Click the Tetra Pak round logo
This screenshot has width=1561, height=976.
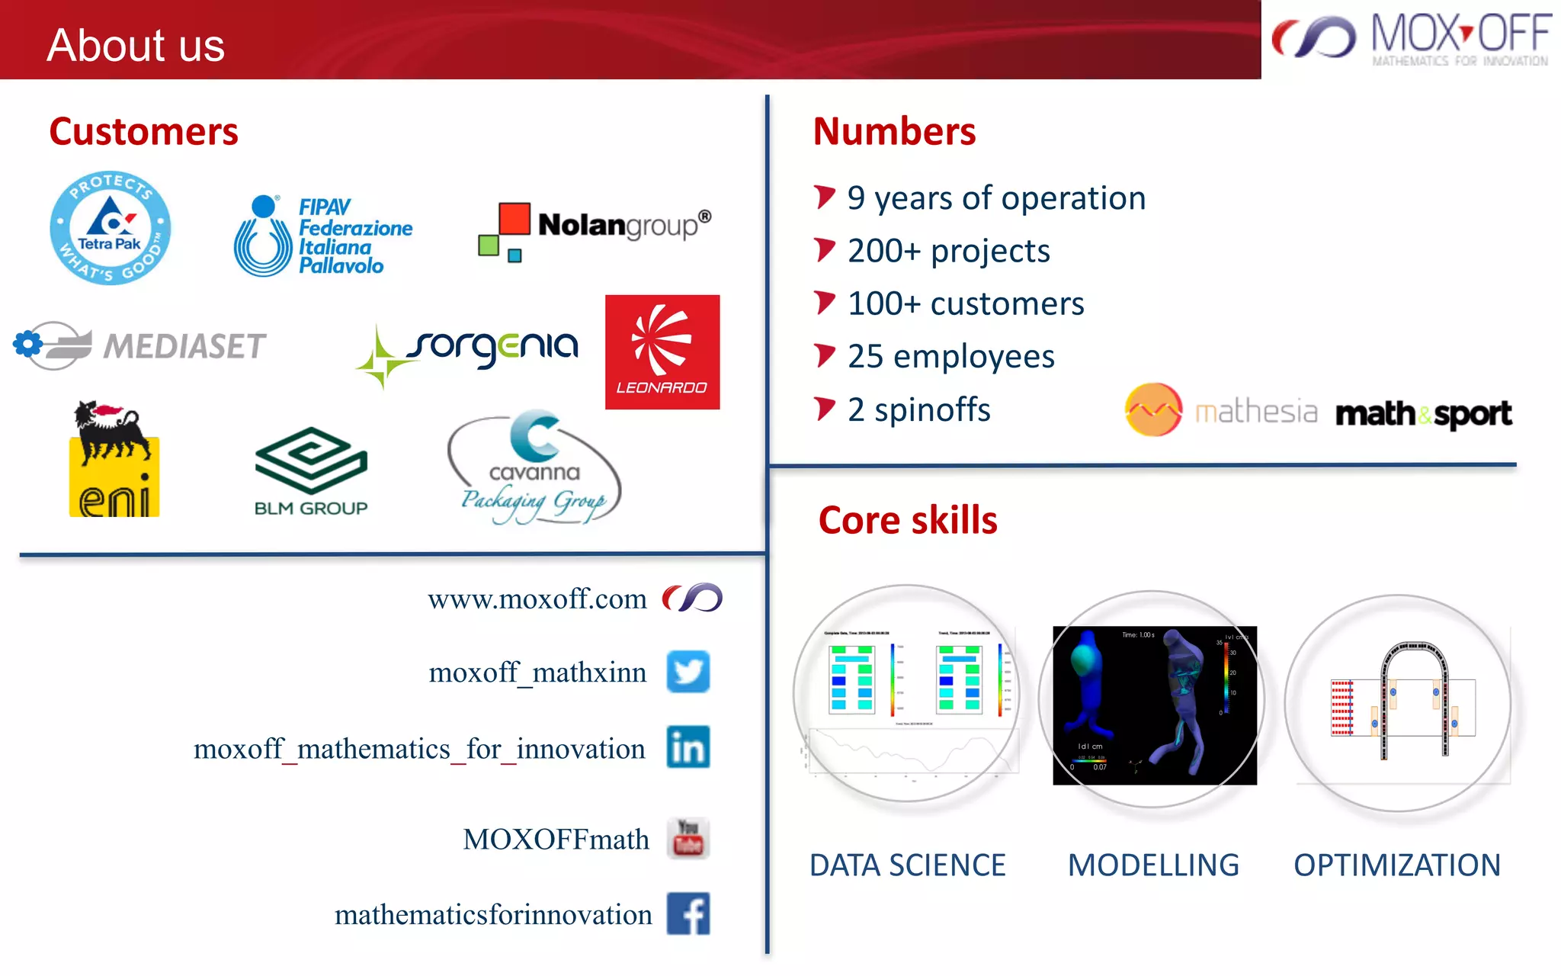pos(111,228)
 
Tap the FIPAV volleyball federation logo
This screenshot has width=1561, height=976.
pos(322,236)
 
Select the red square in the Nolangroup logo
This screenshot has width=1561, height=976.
pos(514,218)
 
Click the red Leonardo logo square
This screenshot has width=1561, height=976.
pos(662,352)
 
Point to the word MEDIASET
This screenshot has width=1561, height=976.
pos(185,346)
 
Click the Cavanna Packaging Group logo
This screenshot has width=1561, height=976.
pos(534,469)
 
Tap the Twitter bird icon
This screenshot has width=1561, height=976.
pos(688,672)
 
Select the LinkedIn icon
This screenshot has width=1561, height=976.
pos(688,746)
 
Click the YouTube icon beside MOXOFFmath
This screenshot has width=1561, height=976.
pos(688,838)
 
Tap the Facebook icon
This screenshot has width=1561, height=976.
pos(688,913)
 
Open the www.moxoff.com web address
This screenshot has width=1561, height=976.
pos(537,599)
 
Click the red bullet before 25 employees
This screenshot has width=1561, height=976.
pos(824,355)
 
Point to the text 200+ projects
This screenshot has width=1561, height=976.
pos(948,251)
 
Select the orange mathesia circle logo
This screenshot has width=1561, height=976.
pos(1153,409)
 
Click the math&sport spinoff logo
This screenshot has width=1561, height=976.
pos(1423,413)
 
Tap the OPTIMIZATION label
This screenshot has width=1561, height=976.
pos(1396,865)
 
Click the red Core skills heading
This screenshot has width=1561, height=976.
pos(907,521)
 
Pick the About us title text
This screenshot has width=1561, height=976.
pos(136,45)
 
